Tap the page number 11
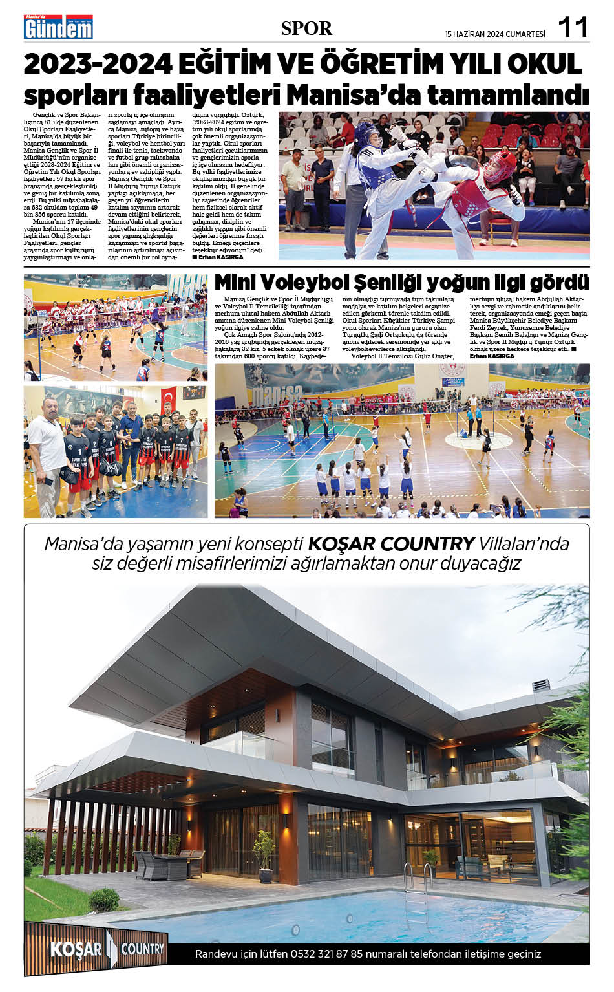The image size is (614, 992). tap(573, 28)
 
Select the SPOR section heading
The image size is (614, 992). tap(306, 28)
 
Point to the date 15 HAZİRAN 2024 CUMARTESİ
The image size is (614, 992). tap(495, 34)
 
